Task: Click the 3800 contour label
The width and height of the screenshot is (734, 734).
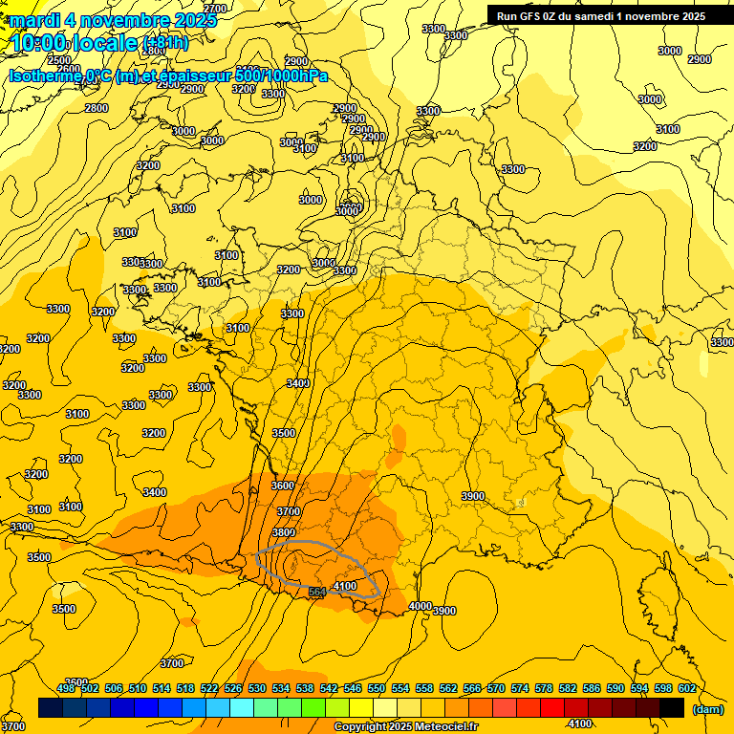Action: [283, 532]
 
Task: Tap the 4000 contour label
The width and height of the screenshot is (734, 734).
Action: [420, 606]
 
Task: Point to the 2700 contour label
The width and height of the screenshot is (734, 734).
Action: [216, 9]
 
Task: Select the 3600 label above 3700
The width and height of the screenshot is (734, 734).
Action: [283, 486]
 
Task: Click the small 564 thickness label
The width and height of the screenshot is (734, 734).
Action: [318, 593]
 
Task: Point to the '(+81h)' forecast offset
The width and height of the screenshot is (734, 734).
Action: [165, 43]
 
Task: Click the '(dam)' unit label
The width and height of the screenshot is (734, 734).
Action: [707, 709]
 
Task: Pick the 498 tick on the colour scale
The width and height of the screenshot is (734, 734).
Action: [66, 688]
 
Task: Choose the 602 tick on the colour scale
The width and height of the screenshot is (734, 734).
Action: [686, 688]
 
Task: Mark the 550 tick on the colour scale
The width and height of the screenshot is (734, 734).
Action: [377, 688]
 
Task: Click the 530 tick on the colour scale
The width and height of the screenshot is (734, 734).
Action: [257, 688]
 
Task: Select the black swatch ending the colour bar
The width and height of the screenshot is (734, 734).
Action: [672, 708]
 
